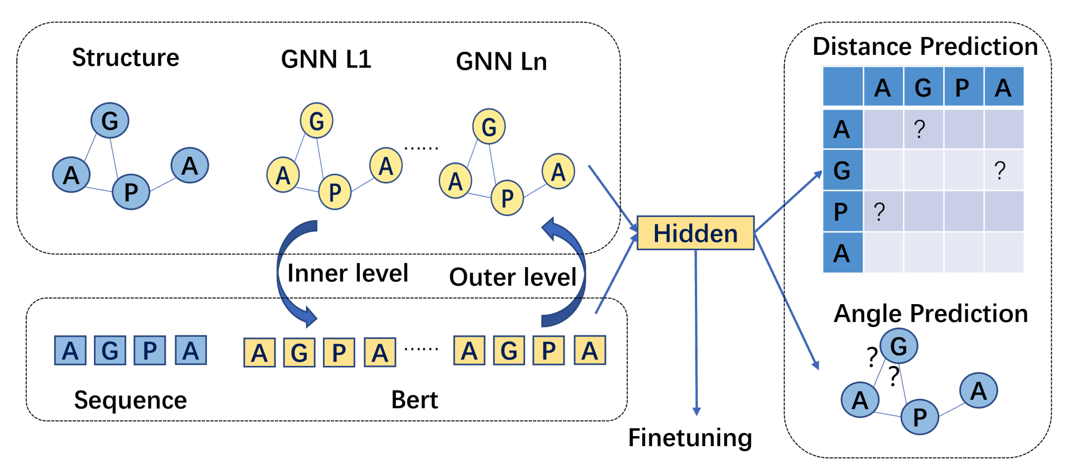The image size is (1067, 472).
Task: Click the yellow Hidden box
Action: click(696, 233)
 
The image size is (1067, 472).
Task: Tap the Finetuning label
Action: click(690, 438)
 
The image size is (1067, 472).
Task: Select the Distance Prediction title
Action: click(926, 46)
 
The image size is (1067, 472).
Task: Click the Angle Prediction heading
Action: click(931, 314)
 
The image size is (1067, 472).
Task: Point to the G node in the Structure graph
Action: click(110, 120)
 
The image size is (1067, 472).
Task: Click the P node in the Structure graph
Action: click(131, 192)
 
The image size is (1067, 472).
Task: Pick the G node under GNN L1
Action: click(317, 120)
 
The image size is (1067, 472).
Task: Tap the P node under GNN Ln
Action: click(507, 198)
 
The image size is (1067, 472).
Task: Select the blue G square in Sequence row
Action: click(110, 350)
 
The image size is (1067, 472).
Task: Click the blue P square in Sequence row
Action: click(150, 350)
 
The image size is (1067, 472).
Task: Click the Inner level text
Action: click(348, 273)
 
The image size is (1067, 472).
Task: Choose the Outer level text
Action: click(513, 277)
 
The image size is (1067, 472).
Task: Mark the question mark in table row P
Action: click(879, 211)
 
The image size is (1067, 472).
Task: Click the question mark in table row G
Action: click(999, 171)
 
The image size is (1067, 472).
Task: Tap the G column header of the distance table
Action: click(923, 87)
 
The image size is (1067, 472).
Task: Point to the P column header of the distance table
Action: click(963, 87)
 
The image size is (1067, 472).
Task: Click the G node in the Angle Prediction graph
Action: click(899, 346)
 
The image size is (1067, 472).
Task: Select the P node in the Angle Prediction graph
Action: click(920, 417)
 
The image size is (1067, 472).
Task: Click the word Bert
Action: click(414, 400)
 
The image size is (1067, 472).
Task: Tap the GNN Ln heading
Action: click(501, 61)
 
